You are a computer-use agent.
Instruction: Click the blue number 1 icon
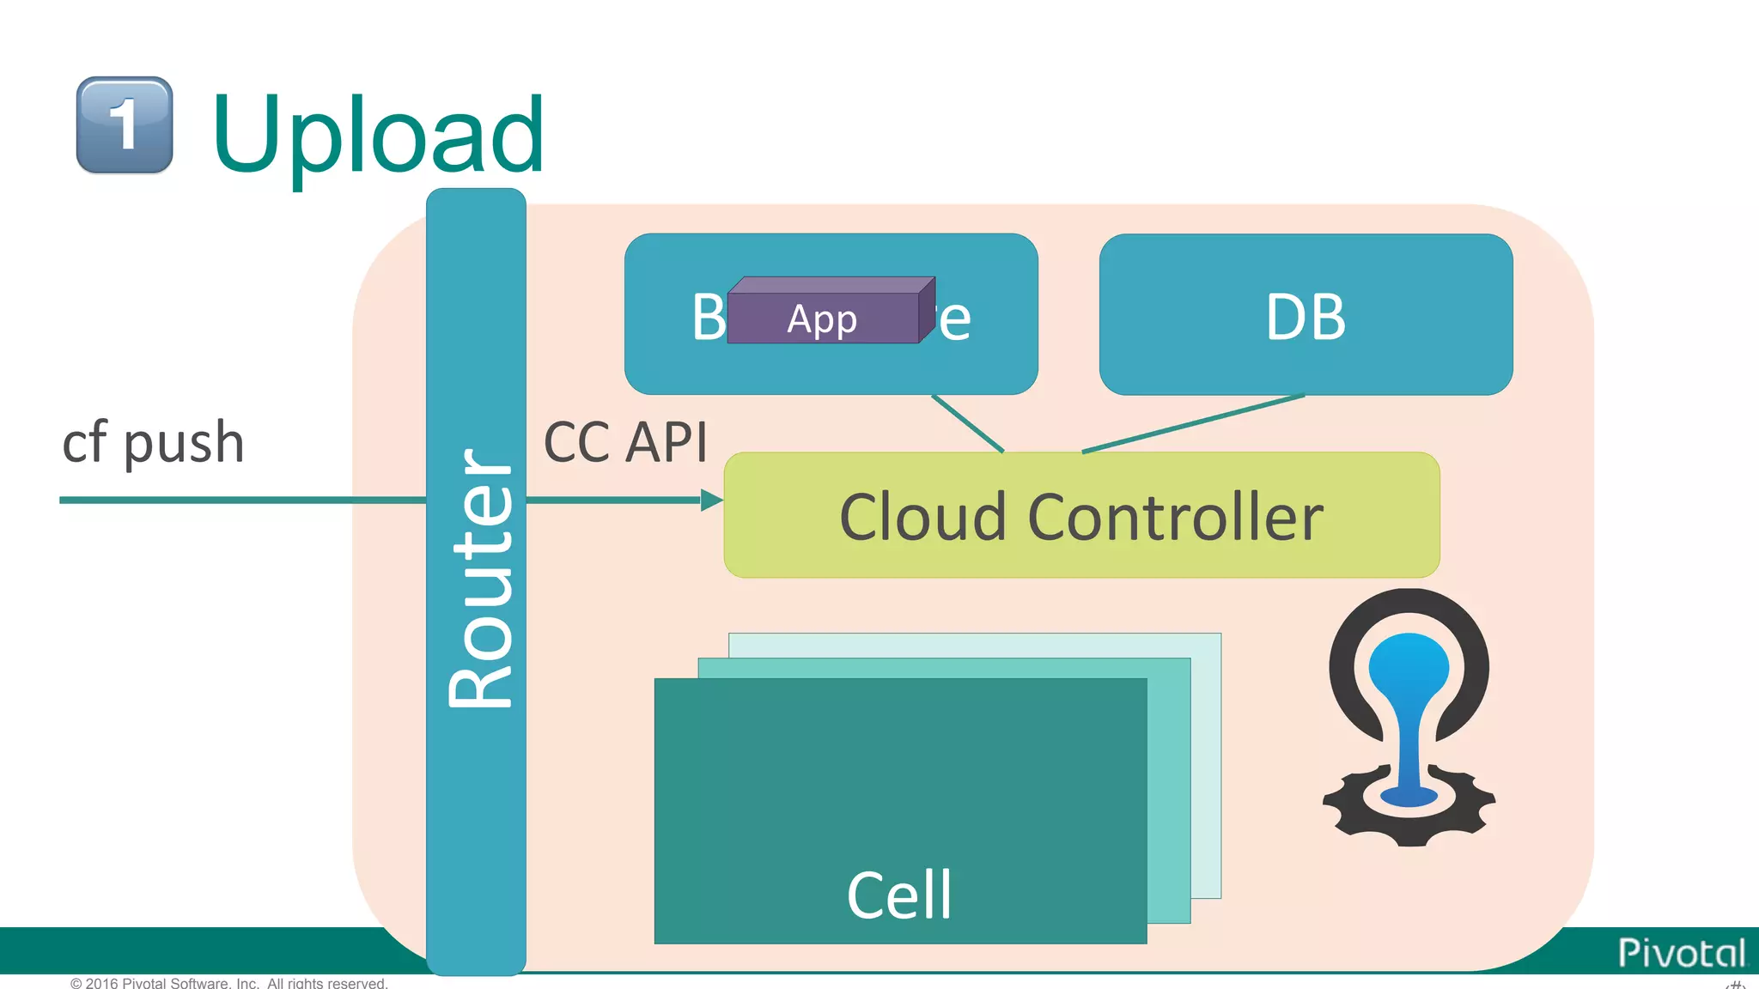(125, 125)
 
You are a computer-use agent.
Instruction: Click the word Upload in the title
(378, 136)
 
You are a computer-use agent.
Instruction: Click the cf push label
(154, 443)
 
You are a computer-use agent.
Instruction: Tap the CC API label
(625, 443)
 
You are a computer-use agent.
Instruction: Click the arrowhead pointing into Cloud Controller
(711, 500)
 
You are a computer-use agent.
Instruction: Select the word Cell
(899, 895)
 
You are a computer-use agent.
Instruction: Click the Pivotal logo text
(1681, 953)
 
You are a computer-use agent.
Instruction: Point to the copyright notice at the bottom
(228, 983)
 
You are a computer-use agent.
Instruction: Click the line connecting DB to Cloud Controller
(1194, 423)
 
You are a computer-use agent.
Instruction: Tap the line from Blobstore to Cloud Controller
(967, 423)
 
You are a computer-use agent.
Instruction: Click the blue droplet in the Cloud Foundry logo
(1409, 687)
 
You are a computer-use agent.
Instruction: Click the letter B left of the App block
(709, 317)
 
